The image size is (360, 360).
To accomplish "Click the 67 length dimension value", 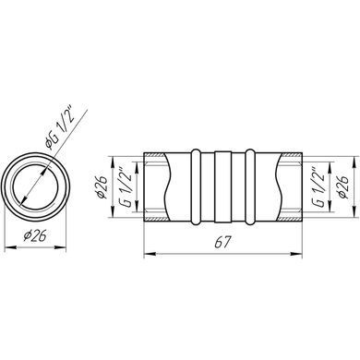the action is coord(222,243).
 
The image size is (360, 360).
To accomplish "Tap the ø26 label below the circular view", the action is coord(34,236).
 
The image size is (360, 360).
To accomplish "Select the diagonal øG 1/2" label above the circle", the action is coord(59,126).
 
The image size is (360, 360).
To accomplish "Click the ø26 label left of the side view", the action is coord(102,187).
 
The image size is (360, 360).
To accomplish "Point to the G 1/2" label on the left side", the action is coord(125,186).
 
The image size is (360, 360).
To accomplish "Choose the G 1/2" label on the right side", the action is coord(318,187).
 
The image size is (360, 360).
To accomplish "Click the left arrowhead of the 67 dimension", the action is coord(150,254).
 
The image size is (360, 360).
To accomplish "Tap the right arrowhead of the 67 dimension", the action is coord(296,254).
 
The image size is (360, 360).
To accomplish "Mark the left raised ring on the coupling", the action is coord(196,186).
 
